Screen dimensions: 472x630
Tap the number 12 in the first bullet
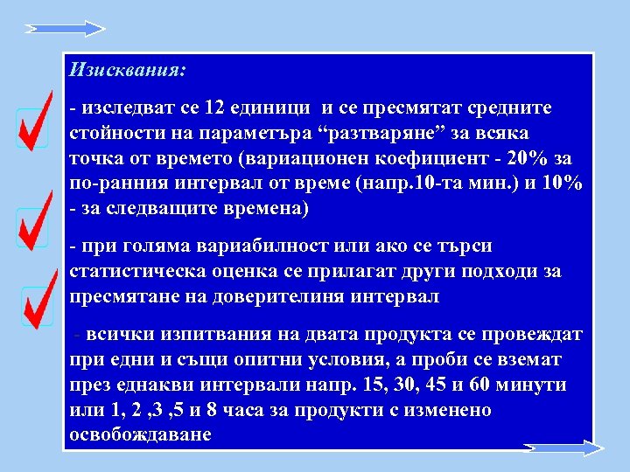pyautogui.click(x=213, y=108)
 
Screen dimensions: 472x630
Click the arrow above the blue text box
pyautogui.click(x=65, y=29)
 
